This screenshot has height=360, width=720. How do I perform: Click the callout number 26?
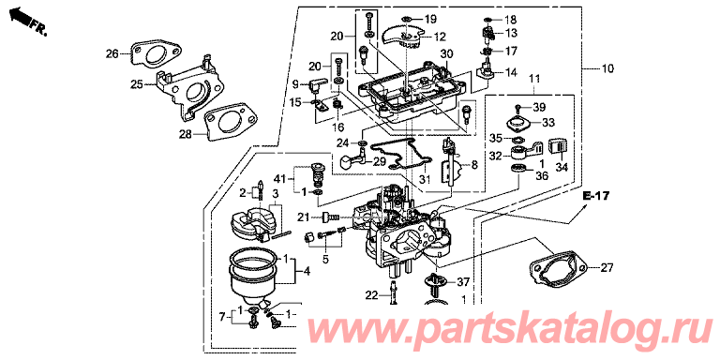click(112, 54)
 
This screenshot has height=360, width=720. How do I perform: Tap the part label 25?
click(137, 84)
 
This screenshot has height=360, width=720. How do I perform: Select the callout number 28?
click(186, 134)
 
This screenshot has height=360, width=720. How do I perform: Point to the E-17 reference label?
click(596, 197)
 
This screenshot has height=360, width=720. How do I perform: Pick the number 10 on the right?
click(607, 68)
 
